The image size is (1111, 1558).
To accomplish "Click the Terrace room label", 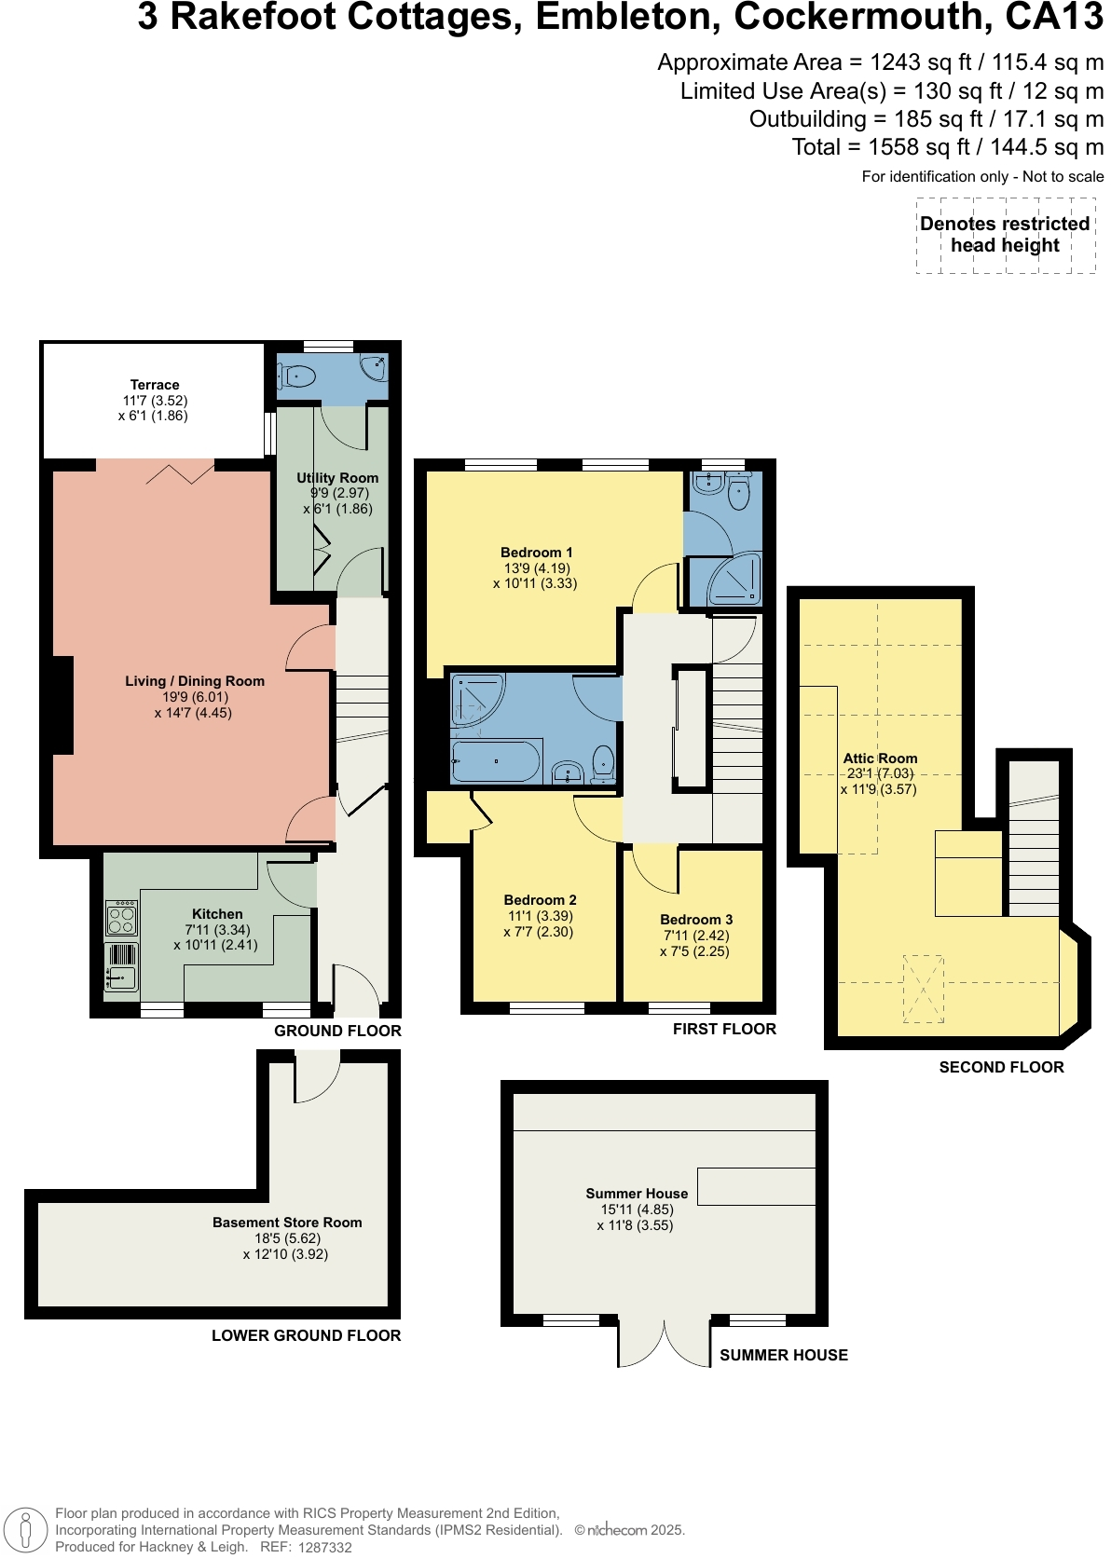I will coord(155,385).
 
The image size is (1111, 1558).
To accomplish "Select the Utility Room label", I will coord(337,478).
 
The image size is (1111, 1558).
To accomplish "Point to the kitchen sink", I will coord(122,977).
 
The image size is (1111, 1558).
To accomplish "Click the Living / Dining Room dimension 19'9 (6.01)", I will coord(195,697).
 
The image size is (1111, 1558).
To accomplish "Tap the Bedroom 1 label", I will coord(536,553).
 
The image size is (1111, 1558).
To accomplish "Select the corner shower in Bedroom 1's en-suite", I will coord(735,581).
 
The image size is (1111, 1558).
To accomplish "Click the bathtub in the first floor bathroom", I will coord(496,761).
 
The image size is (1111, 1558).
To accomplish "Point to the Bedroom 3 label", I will coord(696,920).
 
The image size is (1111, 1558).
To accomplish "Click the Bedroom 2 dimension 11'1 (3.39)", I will coord(539,916).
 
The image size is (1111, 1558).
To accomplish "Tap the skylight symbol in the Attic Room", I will coord(923,989).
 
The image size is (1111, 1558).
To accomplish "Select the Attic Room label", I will coord(880,758).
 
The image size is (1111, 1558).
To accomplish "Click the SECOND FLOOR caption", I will coord(1001,1068).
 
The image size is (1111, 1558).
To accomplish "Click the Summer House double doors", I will coord(665,1342).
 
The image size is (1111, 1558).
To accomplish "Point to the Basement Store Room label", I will coord(287,1223).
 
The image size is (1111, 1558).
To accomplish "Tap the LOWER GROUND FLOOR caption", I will coord(306,1335).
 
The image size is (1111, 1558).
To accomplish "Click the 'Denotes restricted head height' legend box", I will coord(1005,235).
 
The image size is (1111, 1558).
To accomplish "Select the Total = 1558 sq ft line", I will coord(947,147).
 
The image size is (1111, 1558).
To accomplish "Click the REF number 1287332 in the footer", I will coord(324,1547).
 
